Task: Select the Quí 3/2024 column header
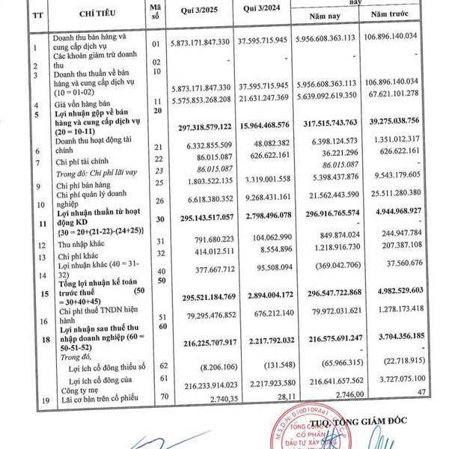point(260,12)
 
